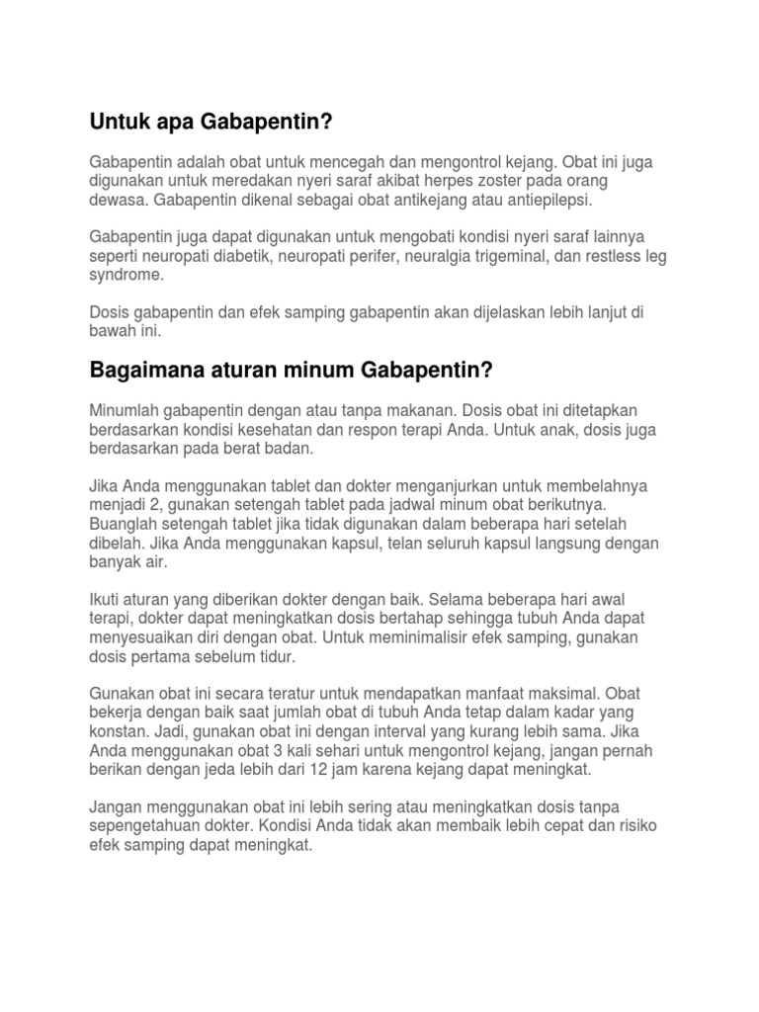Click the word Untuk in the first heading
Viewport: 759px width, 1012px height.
[117, 123]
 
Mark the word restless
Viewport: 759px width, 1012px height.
[615, 258]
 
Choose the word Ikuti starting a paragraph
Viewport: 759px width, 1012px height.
[107, 600]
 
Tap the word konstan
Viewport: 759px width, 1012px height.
[120, 732]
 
